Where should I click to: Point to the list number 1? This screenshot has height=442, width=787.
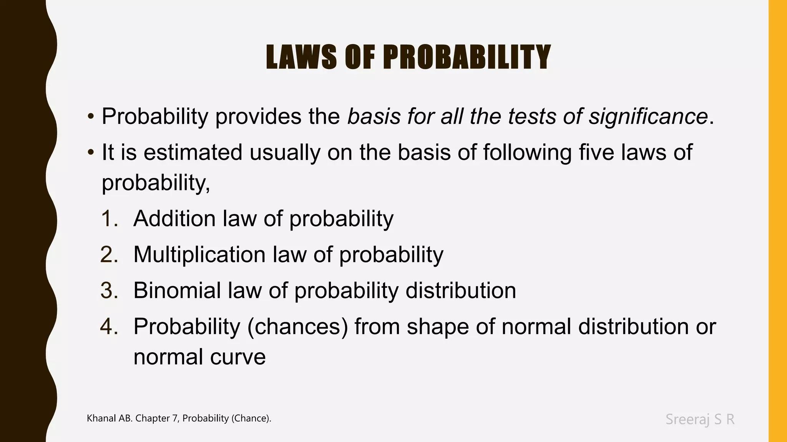[x=109, y=219]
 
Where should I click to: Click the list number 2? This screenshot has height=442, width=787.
[x=109, y=255]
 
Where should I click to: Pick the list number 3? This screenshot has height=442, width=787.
[x=109, y=290]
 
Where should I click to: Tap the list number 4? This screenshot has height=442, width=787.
[x=109, y=327]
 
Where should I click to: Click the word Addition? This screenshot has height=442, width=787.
[x=174, y=219]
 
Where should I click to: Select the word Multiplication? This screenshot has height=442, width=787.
[x=199, y=255]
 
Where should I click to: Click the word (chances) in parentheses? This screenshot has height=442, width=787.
[x=298, y=327]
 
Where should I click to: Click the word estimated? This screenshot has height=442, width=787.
[x=193, y=152]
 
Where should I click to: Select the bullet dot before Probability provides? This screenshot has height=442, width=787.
[x=91, y=116]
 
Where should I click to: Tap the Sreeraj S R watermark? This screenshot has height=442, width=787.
[x=700, y=419]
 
